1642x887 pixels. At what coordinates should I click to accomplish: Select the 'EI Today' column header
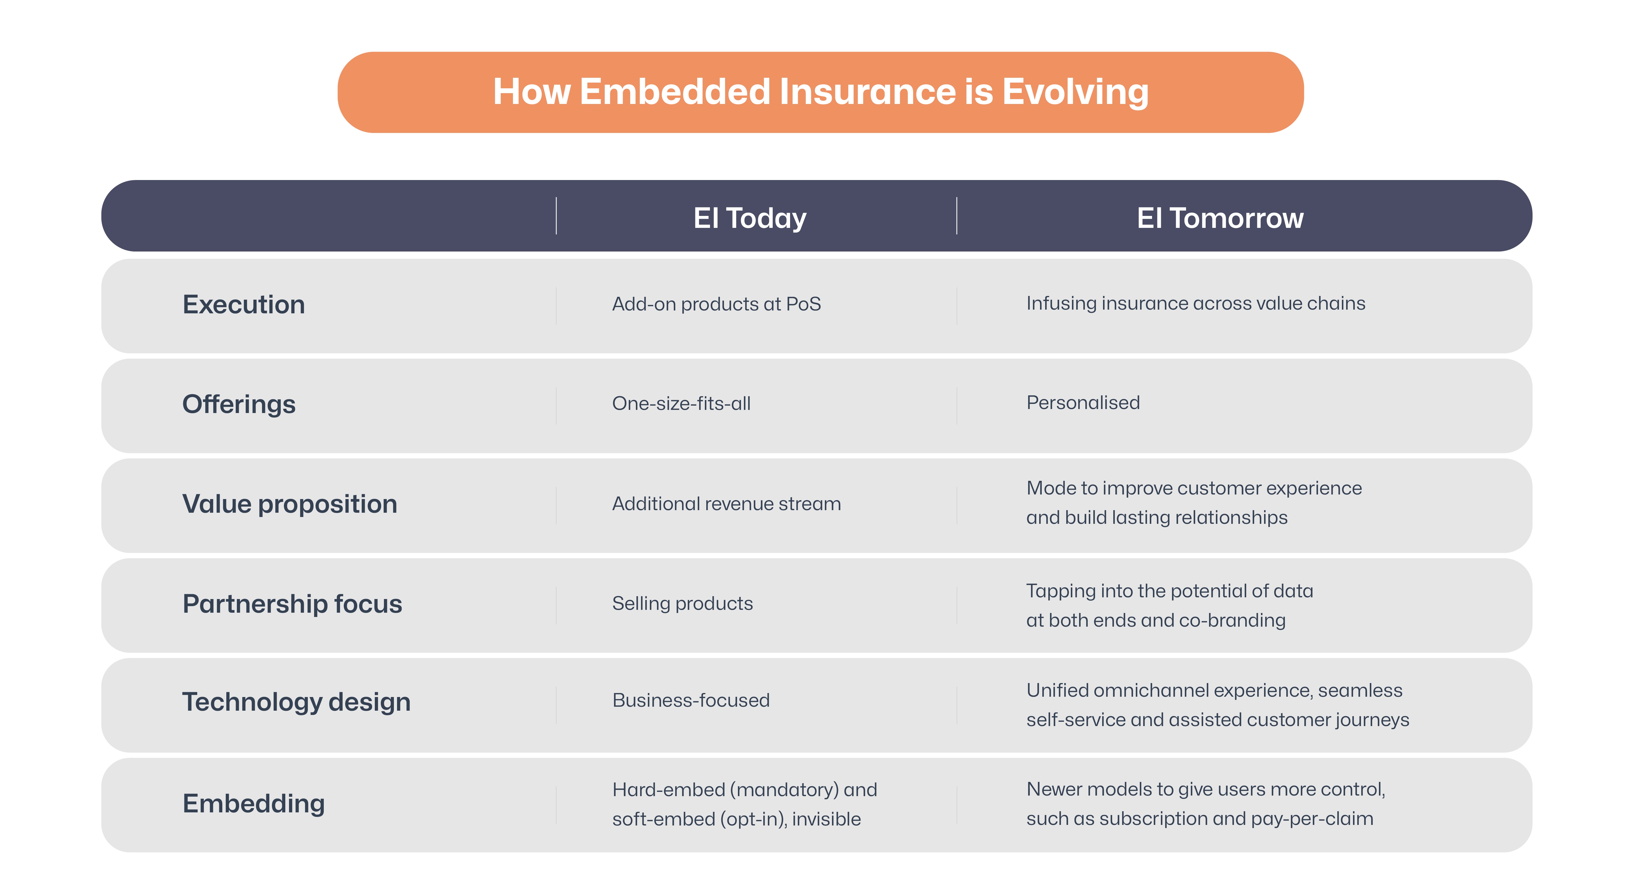click(750, 218)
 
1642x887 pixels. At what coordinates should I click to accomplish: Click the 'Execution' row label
click(243, 304)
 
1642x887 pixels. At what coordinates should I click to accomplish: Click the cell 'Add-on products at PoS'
click(716, 304)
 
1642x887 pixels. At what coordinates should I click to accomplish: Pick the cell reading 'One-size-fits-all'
click(681, 403)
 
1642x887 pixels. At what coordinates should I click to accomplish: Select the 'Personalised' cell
click(1082, 403)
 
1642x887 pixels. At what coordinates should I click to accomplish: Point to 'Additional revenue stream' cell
click(726, 504)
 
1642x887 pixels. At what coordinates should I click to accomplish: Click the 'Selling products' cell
click(682, 604)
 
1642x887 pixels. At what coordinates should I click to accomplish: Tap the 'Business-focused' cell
click(690, 700)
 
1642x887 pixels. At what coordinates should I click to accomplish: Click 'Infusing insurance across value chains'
click(1195, 303)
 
